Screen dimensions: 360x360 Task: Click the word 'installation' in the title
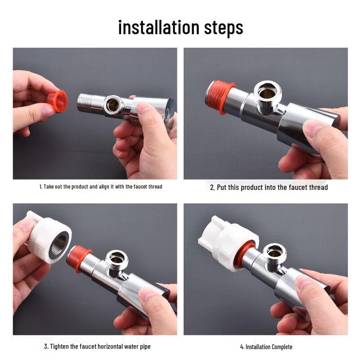158,27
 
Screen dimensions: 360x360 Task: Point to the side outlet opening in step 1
113,105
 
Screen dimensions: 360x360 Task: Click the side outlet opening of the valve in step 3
117,259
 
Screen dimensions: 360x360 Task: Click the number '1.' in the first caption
40,186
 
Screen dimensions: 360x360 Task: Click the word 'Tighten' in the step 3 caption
60,346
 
